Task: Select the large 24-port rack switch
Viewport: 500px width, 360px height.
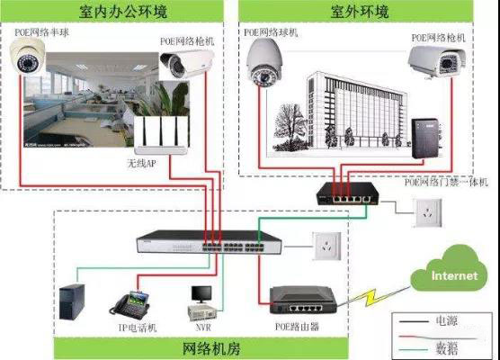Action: [x=184, y=242]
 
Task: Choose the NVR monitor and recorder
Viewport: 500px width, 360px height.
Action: [x=200, y=301]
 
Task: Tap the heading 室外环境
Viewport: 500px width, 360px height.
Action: [x=364, y=13]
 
